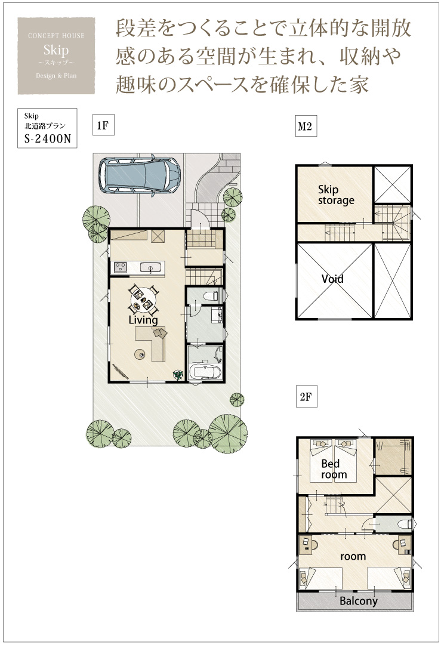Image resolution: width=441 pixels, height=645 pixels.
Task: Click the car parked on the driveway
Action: [x=140, y=175]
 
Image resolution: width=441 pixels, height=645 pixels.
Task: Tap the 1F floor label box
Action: [x=103, y=125]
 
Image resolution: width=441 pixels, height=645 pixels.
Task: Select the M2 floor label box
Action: [x=306, y=126]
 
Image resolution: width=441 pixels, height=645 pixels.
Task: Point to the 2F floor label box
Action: [x=306, y=397]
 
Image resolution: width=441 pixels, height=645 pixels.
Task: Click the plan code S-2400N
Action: [x=48, y=138]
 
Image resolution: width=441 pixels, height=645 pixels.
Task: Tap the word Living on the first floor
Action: [x=143, y=320]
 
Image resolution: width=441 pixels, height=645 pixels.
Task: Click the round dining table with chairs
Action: [x=143, y=299]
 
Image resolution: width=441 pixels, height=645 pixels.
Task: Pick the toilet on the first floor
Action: [x=212, y=296]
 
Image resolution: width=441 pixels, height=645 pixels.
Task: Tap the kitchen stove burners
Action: [x=121, y=267]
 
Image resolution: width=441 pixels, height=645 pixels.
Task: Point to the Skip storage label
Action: [x=336, y=195]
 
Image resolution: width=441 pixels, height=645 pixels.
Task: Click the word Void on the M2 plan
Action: [x=332, y=279]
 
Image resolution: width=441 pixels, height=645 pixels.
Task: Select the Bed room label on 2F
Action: [x=334, y=469]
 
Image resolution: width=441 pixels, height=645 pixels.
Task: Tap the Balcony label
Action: [x=358, y=601]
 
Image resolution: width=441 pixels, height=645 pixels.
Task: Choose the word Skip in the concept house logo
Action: [x=56, y=50]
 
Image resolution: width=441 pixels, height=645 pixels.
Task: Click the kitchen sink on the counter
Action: [x=150, y=268]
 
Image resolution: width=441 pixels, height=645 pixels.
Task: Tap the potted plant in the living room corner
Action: [x=178, y=374]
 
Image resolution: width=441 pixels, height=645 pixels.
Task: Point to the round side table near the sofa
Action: [x=140, y=353]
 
